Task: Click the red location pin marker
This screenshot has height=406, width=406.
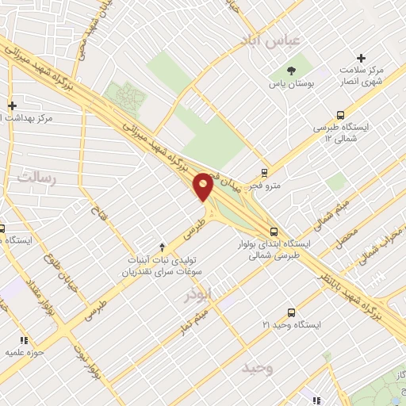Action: pyautogui.click(x=203, y=186)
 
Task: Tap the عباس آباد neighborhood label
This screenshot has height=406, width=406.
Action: pyautogui.click(x=272, y=40)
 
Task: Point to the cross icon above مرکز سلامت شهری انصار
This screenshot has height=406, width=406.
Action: pyautogui.click(x=362, y=58)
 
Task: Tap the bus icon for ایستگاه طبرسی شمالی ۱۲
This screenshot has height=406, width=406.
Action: pyautogui.click(x=340, y=115)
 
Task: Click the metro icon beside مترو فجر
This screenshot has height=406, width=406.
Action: pyautogui.click(x=265, y=172)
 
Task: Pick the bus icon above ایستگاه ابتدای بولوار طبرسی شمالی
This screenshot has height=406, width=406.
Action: pyautogui.click(x=274, y=232)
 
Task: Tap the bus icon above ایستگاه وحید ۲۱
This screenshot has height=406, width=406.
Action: pyautogui.click(x=291, y=313)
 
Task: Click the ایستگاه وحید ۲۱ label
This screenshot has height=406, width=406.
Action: pyautogui.click(x=293, y=325)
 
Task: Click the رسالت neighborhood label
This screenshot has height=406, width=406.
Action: pyautogui.click(x=36, y=177)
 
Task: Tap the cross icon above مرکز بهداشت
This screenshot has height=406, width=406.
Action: pyautogui.click(x=12, y=105)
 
